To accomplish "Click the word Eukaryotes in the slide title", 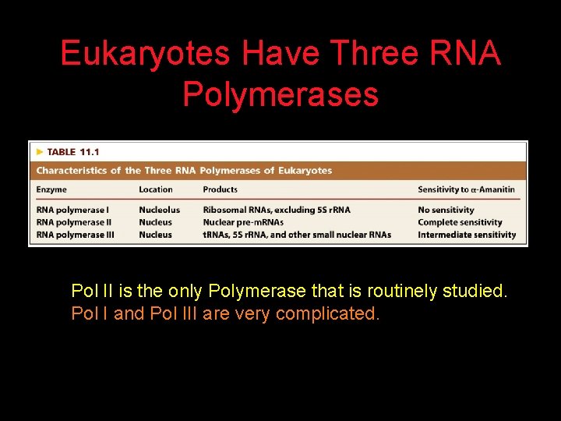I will click(145, 54).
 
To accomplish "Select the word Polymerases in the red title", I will click(280, 94).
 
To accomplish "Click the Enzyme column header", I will click(51, 189).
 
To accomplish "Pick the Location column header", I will click(156, 189).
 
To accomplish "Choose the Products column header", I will click(220, 189).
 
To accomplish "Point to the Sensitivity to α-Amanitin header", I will click(466, 189).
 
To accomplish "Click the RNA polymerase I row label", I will click(72, 210).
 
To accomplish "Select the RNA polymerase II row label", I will click(74, 222).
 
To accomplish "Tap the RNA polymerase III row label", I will click(75, 235).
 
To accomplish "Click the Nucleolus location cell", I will click(159, 210).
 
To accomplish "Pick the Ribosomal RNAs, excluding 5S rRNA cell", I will click(277, 210).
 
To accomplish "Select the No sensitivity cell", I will click(446, 210).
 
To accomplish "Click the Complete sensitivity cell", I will click(460, 222).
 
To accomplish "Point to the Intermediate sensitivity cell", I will click(467, 235).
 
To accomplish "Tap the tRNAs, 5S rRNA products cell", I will click(297, 235).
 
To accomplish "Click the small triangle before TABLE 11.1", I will click(40, 152).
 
